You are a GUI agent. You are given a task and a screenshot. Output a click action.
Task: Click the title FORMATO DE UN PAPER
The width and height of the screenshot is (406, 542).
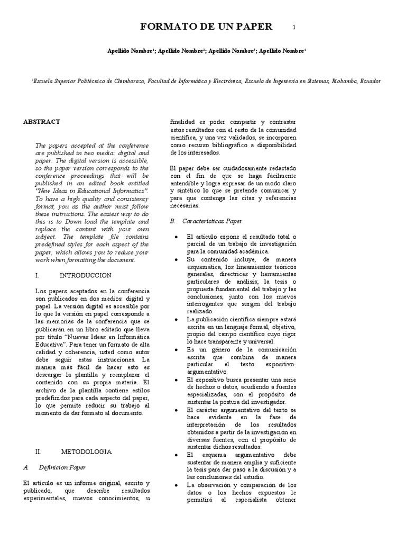pyautogui.click(x=206, y=26)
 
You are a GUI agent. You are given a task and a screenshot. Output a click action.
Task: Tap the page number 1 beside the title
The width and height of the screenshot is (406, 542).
pyautogui.click(x=294, y=28)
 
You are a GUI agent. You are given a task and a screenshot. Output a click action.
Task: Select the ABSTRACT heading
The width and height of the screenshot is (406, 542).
pyautogui.click(x=42, y=122)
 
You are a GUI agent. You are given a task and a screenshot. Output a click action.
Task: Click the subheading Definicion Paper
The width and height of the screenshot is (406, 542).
pyautogui.click(x=62, y=468)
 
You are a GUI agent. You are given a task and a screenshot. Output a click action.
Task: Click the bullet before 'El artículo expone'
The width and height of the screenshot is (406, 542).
pyautogui.click(x=176, y=237)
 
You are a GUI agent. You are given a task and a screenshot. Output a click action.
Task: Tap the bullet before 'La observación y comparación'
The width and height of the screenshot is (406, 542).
pyautogui.click(x=176, y=485)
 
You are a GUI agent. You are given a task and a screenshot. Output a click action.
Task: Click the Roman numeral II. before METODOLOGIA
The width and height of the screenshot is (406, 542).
pyautogui.click(x=38, y=452)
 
